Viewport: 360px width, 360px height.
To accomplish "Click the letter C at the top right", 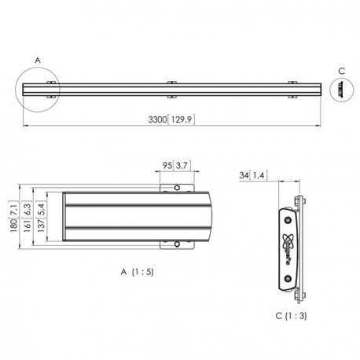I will [340, 72].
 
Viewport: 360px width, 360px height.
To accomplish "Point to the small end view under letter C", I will [341, 90].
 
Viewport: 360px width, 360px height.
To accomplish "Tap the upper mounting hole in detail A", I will [178, 189].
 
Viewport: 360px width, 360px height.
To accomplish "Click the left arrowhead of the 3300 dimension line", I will [24, 123].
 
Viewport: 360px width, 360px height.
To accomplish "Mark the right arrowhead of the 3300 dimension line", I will [321, 123].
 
